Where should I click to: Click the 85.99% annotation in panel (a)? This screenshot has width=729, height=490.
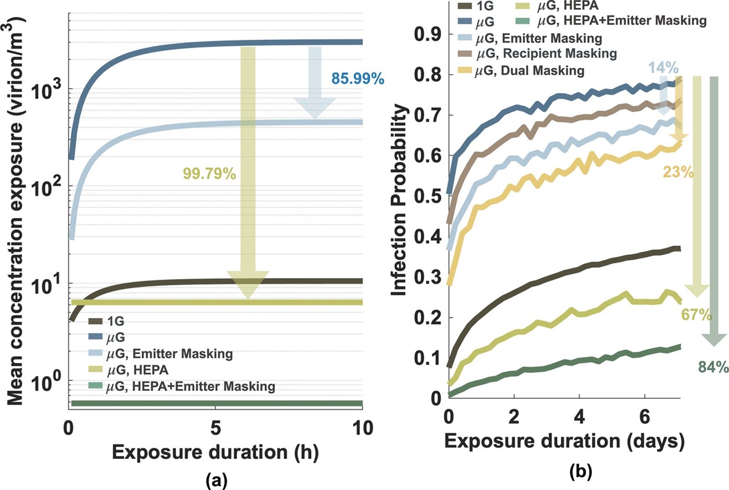[x=358, y=79]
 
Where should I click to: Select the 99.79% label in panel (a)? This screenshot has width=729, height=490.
[x=209, y=174]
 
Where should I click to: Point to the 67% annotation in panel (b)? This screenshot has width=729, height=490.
[x=697, y=315]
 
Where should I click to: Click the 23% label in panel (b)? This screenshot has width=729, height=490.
[x=678, y=172]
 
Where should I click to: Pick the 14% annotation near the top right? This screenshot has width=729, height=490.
[x=663, y=68]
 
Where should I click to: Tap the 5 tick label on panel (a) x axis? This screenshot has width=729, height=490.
[x=216, y=428]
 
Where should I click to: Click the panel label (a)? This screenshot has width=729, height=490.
[x=217, y=481]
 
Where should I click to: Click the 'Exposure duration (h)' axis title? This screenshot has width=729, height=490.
[x=215, y=453]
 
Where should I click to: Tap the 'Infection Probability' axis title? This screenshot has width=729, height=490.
[x=399, y=200]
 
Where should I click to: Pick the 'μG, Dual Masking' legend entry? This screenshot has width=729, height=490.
[x=521, y=71]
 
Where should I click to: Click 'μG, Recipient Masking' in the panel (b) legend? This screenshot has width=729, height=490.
[x=537, y=53]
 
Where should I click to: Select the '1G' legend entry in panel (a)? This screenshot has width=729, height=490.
[x=106, y=321]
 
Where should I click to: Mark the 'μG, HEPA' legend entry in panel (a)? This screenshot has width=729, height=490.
[x=128, y=370]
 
